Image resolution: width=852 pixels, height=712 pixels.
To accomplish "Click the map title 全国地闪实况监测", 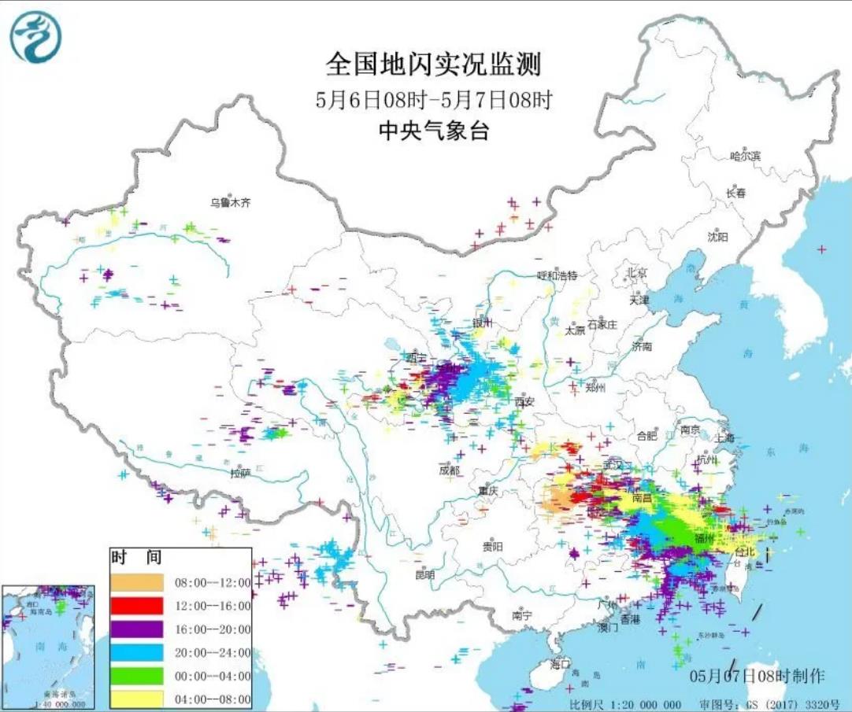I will tap(433, 65).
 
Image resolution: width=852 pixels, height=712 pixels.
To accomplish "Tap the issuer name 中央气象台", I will tap(433, 131).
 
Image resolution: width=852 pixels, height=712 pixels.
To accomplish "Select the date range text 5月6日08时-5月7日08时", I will tap(433, 100).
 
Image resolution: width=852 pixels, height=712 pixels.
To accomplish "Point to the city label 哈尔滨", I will tap(745, 157).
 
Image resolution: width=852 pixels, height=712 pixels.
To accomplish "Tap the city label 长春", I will tap(735, 193).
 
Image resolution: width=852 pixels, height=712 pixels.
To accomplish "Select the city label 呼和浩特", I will tap(557, 275).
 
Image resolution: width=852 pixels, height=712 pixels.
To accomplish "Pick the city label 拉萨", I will tap(240, 473).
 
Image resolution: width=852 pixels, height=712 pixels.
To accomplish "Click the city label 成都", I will tap(449, 470).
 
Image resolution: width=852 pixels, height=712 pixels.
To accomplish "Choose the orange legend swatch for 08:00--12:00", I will tap(136, 582).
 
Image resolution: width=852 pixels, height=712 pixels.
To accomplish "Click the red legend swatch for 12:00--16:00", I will tap(136, 606).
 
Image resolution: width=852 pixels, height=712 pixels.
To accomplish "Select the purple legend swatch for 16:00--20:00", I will tap(136, 629).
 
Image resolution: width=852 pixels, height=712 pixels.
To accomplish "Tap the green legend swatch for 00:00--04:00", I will tap(136, 675).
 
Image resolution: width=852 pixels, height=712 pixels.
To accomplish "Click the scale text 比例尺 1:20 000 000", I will tap(626, 703).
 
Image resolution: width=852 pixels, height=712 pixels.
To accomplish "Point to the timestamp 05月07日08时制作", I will tap(757, 676).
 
